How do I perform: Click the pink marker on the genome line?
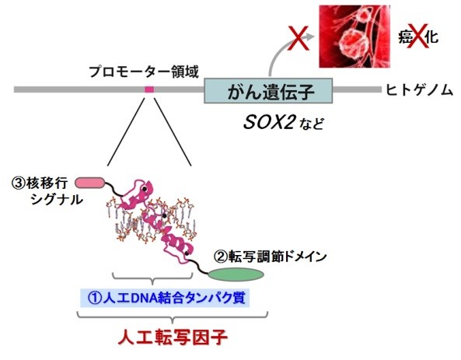149,89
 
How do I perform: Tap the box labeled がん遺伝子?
268,91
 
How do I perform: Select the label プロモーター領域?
144,72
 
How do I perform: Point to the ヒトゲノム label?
419,89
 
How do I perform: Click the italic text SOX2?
269,122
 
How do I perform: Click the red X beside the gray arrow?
298,38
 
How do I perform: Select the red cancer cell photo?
354,37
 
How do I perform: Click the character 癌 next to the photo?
406,37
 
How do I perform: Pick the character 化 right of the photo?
432,37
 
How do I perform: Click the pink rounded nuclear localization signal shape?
90,183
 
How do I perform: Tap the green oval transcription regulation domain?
236,274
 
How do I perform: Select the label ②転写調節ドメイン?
271,257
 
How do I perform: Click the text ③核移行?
40,183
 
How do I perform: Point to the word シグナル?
57,200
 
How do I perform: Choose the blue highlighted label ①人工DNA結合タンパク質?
166,298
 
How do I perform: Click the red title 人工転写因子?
173,337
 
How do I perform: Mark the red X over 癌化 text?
419,37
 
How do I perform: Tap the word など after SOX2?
312,124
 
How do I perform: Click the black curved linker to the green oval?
199,266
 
